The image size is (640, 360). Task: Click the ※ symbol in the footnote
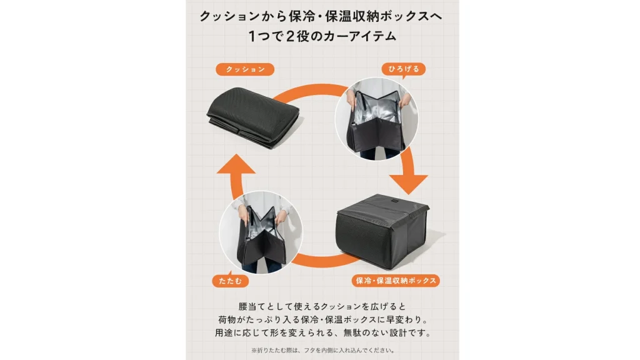(x=254, y=350)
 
